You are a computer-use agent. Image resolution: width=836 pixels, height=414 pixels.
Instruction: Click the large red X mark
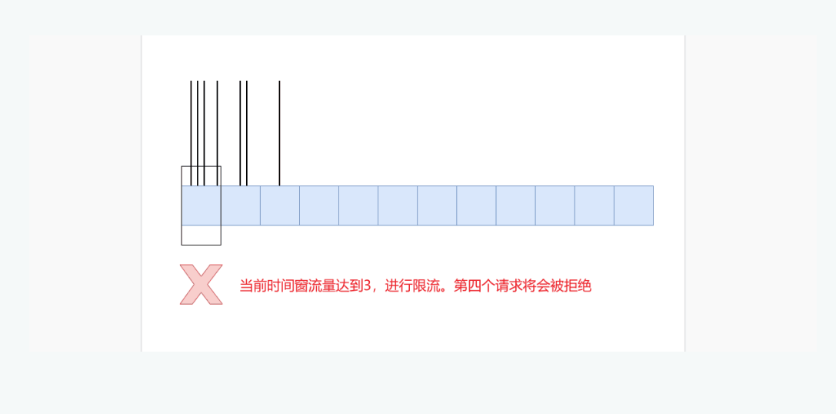(x=201, y=285)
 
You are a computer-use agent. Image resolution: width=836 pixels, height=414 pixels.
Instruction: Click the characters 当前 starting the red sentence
(x=253, y=286)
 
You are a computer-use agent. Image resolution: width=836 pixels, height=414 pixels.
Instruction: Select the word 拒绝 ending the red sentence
(x=578, y=286)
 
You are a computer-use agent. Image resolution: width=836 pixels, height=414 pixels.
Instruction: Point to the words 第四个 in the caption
(x=475, y=286)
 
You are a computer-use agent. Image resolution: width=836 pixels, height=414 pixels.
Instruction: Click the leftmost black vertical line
(x=191, y=133)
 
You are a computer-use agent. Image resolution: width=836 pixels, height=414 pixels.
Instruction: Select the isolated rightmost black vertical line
(x=279, y=133)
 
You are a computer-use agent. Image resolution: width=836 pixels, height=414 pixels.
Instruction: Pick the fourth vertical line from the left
(x=217, y=133)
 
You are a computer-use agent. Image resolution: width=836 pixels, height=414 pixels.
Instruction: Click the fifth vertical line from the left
(x=241, y=133)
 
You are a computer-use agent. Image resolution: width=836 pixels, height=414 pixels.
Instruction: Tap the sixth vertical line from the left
(x=247, y=133)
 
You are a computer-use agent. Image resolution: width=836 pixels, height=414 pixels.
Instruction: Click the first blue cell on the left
(x=202, y=205)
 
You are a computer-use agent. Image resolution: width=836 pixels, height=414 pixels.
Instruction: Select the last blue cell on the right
(x=634, y=205)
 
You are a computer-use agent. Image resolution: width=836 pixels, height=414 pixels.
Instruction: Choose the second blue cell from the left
(x=241, y=205)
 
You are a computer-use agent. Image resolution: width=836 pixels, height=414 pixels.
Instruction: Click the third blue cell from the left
(x=280, y=205)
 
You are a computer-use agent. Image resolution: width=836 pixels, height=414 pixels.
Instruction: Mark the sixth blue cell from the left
(x=398, y=205)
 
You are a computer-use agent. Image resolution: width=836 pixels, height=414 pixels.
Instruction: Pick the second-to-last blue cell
(x=595, y=205)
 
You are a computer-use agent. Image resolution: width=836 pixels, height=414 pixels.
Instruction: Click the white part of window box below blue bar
(x=202, y=235)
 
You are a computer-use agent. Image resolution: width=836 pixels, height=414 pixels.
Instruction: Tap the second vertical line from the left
(x=198, y=133)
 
